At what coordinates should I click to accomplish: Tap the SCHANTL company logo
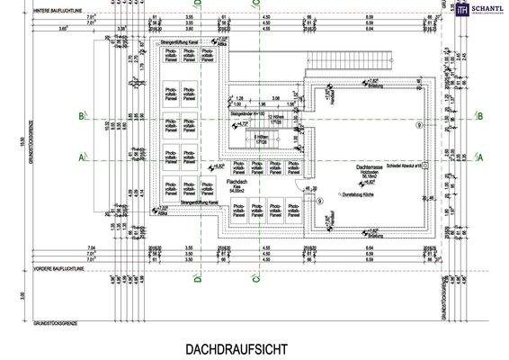pos(477,10)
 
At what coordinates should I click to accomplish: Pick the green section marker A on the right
pos(480,156)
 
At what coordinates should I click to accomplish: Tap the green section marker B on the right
pos(480,115)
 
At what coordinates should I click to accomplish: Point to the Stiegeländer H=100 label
pos(249,115)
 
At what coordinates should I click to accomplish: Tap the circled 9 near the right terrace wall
pos(416,125)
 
